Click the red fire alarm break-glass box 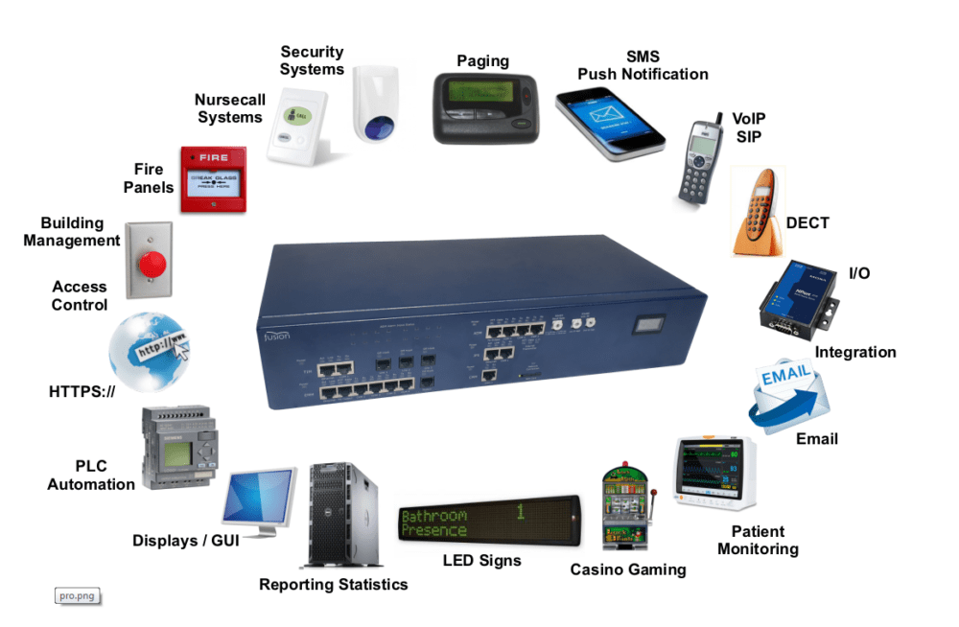click(214, 179)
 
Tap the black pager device click(482, 108)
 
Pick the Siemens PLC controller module click(179, 446)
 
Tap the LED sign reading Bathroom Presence click(488, 522)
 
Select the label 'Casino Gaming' click(628, 569)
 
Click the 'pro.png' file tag click(78, 596)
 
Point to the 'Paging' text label click(482, 61)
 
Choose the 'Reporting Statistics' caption click(333, 584)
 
